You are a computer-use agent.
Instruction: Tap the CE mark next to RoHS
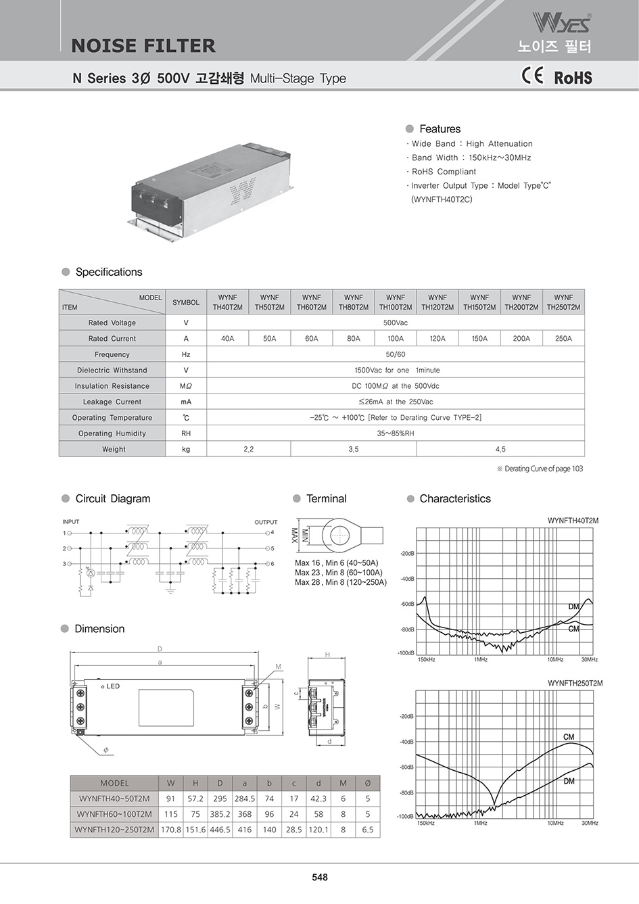(532, 75)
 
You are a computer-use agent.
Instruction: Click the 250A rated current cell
(563, 339)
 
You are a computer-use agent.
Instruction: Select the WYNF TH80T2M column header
(354, 302)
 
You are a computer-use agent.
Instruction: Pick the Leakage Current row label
(112, 402)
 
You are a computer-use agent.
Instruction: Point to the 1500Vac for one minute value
(396, 371)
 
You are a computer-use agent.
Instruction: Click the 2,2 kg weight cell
(249, 449)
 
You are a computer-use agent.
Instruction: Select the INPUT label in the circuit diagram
(71, 522)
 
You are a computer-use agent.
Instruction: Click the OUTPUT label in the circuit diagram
(266, 522)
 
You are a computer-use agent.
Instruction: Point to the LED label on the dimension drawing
(112, 686)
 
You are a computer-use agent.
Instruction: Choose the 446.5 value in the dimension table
(220, 830)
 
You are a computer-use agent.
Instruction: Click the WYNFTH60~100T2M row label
(114, 814)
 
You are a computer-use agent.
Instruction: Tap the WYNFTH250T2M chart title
(575, 684)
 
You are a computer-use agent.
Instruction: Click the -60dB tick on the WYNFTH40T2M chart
(407, 604)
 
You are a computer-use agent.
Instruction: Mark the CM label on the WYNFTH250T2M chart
(569, 737)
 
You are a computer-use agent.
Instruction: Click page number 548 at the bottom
(320, 877)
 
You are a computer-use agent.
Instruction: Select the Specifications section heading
(109, 272)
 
